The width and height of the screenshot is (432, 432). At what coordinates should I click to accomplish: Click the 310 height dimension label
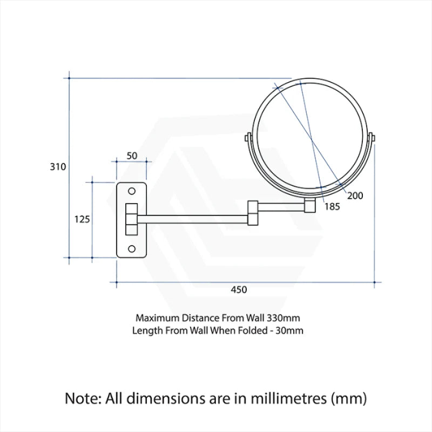(x=58, y=167)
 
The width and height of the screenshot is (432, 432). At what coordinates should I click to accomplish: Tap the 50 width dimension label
(x=132, y=156)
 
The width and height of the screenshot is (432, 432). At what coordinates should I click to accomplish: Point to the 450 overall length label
(x=239, y=290)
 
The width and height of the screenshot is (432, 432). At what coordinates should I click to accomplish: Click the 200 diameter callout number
(x=355, y=195)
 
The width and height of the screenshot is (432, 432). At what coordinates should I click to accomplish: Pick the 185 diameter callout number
(x=332, y=206)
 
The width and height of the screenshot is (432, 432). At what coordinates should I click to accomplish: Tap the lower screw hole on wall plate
(x=131, y=248)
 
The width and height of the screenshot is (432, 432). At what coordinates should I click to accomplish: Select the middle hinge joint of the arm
(x=253, y=213)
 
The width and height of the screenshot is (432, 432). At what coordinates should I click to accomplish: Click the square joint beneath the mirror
(x=310, y=206)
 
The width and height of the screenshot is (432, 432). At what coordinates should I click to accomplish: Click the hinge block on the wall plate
(x=131, y=219)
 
